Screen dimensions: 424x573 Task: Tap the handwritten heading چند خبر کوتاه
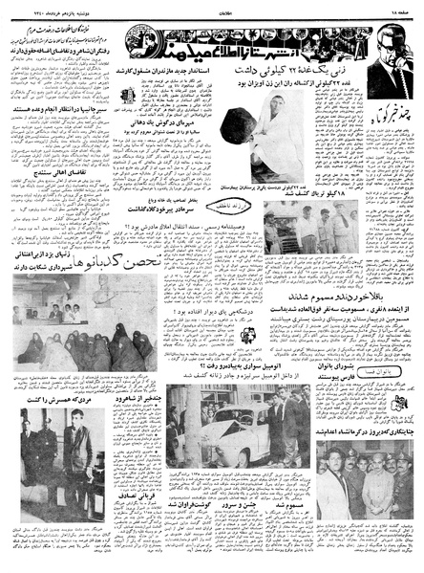point(383,119)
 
